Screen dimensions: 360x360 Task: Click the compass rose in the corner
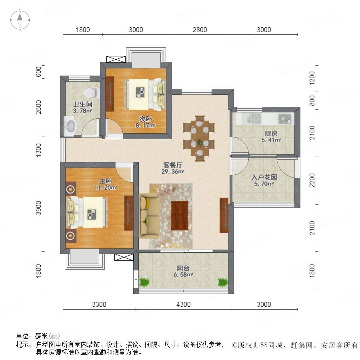(20, 20)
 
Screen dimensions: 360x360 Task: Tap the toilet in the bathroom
(92, 93)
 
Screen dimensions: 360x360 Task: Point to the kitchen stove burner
(285, 119)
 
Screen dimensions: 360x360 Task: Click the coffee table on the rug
(180, 216)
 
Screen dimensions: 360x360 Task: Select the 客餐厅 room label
(173, 165)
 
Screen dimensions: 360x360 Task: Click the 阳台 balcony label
(183, 268)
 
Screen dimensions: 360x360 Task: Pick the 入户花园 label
(264, 177)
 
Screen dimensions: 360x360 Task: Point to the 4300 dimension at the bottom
(183, 304)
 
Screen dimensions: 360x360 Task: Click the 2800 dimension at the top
(200, 30)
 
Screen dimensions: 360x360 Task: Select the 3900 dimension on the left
(38, 208)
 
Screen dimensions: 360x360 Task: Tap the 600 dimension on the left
(38, 72)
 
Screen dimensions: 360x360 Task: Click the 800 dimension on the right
(312, 100)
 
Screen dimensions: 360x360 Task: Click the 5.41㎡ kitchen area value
(271, 140)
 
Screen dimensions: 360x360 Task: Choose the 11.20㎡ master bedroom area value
(105, 188)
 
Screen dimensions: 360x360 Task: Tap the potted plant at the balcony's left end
(144, 282)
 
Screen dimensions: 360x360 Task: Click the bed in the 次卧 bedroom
(145, 94)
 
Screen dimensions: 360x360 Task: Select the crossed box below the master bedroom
(124, 257)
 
